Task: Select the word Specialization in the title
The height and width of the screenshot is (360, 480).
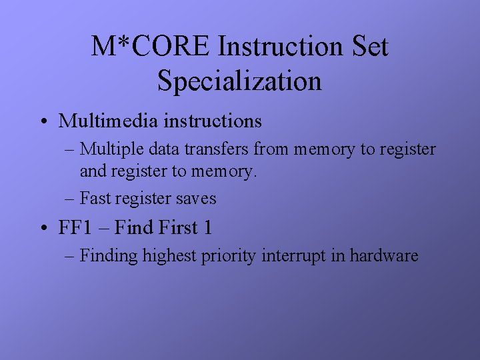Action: (x=239, y=81)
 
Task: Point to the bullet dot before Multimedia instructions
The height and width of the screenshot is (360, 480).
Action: (x=43, y=122)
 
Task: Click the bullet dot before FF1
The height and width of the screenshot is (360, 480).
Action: (x=43, y=229)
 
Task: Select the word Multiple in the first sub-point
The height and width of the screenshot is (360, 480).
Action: (x=107, y=149)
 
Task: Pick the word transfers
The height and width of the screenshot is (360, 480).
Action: (x=200, y=149)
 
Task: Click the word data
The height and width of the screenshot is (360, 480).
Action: (x=154, y=149)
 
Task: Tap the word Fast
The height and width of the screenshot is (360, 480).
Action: (x=94, y=198)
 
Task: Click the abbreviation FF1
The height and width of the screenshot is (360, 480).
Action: (x=75, y=227)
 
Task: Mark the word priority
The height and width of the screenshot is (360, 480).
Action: (x=228, y=256)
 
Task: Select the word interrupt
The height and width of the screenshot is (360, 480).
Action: (x=293, y=256)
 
